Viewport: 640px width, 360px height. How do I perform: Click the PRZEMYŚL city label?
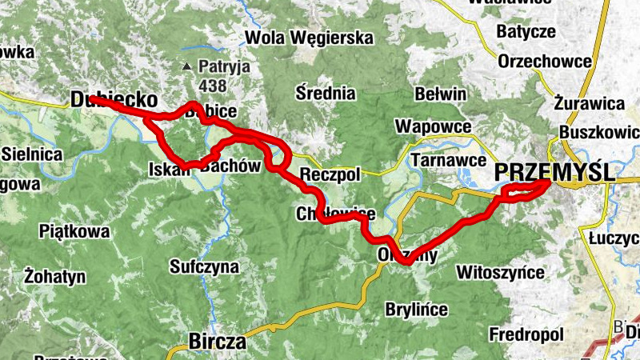pos(554,171)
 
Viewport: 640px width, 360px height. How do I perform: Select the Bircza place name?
pos(217,342)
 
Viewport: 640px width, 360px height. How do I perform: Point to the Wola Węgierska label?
pos(310,38)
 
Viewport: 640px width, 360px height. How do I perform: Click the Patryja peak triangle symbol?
pos(186,67)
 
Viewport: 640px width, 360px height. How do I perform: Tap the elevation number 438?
pos(214,85)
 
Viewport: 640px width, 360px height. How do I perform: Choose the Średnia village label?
pos(326,92)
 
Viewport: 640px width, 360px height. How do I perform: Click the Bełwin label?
pos(440,94)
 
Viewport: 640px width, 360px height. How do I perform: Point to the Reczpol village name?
pos(330,174)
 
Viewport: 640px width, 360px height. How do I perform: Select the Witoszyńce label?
pos(500,273)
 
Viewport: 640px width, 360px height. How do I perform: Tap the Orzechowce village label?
pos(544,62)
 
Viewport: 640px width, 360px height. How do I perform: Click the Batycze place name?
pos(526,32)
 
